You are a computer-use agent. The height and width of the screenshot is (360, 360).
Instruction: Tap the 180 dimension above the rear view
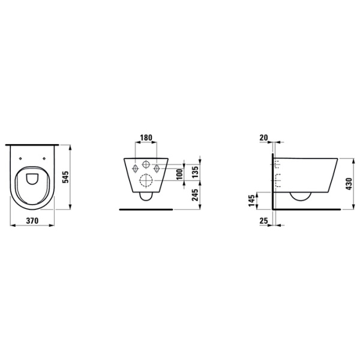coord(146,137)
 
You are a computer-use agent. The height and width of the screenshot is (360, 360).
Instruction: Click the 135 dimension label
coord(195,172)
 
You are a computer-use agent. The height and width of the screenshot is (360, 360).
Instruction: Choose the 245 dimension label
coord(195,196)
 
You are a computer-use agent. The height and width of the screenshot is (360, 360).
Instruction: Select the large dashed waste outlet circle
coord(146,181)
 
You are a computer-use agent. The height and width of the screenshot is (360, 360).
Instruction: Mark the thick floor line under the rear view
coord(146,210)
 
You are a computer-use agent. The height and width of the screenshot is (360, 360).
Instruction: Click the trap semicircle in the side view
coord(299,197)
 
